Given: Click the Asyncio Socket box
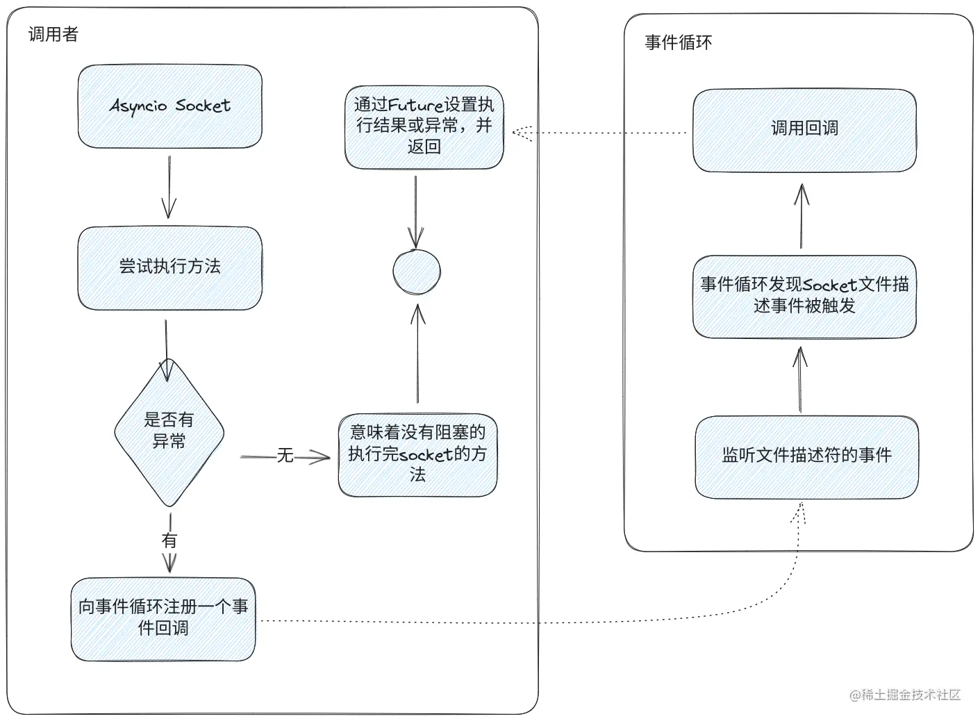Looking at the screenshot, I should coord(169,106).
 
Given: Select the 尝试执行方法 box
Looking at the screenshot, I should coord(169,267).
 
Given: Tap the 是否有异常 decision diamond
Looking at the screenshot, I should coord(169,431).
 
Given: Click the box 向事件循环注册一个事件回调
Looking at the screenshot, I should coord(163,618).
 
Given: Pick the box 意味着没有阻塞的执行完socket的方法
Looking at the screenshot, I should coord(417,455).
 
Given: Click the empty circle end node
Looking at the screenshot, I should coord(417,272).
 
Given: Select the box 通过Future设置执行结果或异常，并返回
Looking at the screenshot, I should coord(424,126).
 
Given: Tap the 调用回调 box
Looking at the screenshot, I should coord(804,129).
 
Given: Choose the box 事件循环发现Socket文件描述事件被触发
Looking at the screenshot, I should coord(804,296).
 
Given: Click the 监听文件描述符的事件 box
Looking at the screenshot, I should coord(806,456).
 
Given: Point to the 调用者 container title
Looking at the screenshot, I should coord(53,34).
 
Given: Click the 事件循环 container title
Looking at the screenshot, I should coord(678,42).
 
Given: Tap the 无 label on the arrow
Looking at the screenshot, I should coord(285,456).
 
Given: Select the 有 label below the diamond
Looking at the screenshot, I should coord(169,540).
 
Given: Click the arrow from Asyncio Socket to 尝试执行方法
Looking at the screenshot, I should coord(169,186).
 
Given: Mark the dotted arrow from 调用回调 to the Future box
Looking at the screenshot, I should coord(601,133).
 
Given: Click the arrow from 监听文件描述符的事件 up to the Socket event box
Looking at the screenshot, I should coord(800,379).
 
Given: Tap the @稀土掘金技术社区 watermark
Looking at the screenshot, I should coord(905,695).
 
